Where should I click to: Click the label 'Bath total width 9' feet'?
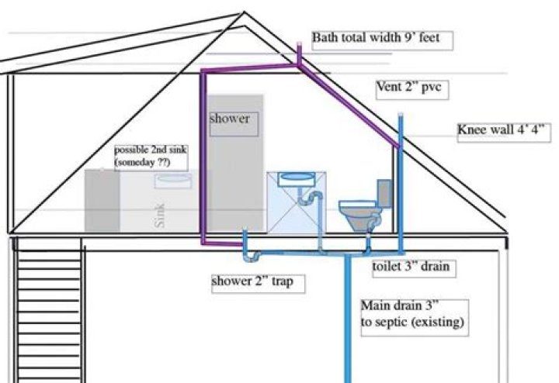pos(381,39)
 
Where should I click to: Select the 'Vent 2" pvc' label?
pos(408,88)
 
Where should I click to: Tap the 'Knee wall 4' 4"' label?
pos(503,132)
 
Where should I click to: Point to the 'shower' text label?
pos(230,119)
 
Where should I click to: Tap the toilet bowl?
pos(357,212)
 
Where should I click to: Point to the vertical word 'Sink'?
pos(161,214)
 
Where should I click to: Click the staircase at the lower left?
pos(48,310)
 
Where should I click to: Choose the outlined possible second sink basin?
pos(172,180)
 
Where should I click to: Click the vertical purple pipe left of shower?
pos(203,155)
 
